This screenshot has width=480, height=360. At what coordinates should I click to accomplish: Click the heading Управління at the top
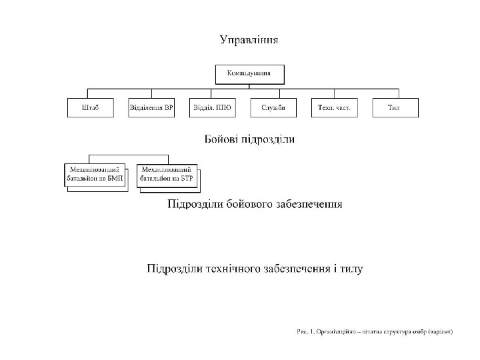pyautogui.click(x=249, y=39)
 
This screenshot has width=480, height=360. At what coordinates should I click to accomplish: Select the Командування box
pyautogui.click(x=249, y=73)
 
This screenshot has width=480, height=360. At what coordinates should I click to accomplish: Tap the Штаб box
pyautogui.click(x=89, y=107)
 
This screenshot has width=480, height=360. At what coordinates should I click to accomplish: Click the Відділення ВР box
pyautogui.click(x=151, y=107)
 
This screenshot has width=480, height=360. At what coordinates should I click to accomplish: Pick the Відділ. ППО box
pyautogui.click(x=212, y=107)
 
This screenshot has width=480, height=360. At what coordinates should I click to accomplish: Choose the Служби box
pyautogui.click(x=273, y=107)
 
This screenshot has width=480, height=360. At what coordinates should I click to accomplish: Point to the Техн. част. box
pyautogui.click(x=334, y=107)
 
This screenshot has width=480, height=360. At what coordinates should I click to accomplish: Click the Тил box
pyautogui.click(x=395, y=107)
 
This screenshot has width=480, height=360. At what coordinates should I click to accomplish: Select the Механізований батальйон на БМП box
pyautogui.click(x=95, y=175)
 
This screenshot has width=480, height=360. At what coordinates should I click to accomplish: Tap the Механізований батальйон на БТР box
pyautogui.click(x=167, y=175)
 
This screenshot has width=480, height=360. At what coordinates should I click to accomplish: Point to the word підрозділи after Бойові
pyautogui.click(x=269, y=140)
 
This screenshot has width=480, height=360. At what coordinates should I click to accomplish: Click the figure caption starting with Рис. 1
pyautogui.click(x=374, y=331)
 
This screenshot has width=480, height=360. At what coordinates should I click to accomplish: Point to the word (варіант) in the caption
pyautogui.click(x=441, y=331)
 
